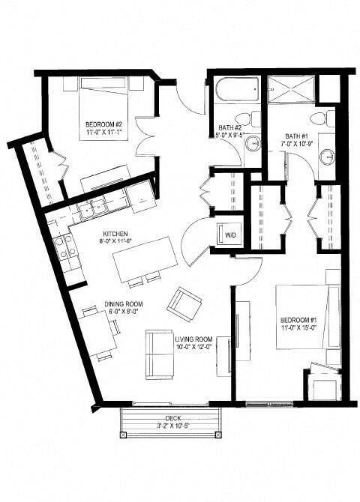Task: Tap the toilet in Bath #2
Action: tap(245, 119)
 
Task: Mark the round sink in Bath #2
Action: tap(253, 143)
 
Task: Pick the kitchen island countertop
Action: tap(145, 259)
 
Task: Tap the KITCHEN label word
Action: tap(115, 232)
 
